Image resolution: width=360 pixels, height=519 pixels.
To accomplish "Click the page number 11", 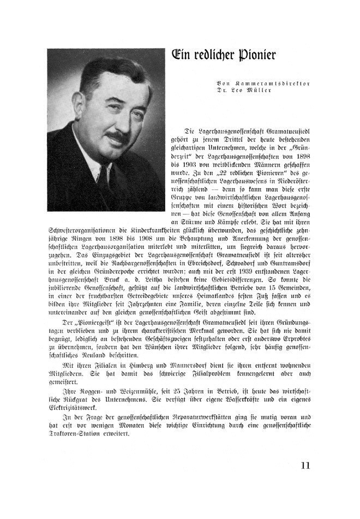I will [x=305, y=466].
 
